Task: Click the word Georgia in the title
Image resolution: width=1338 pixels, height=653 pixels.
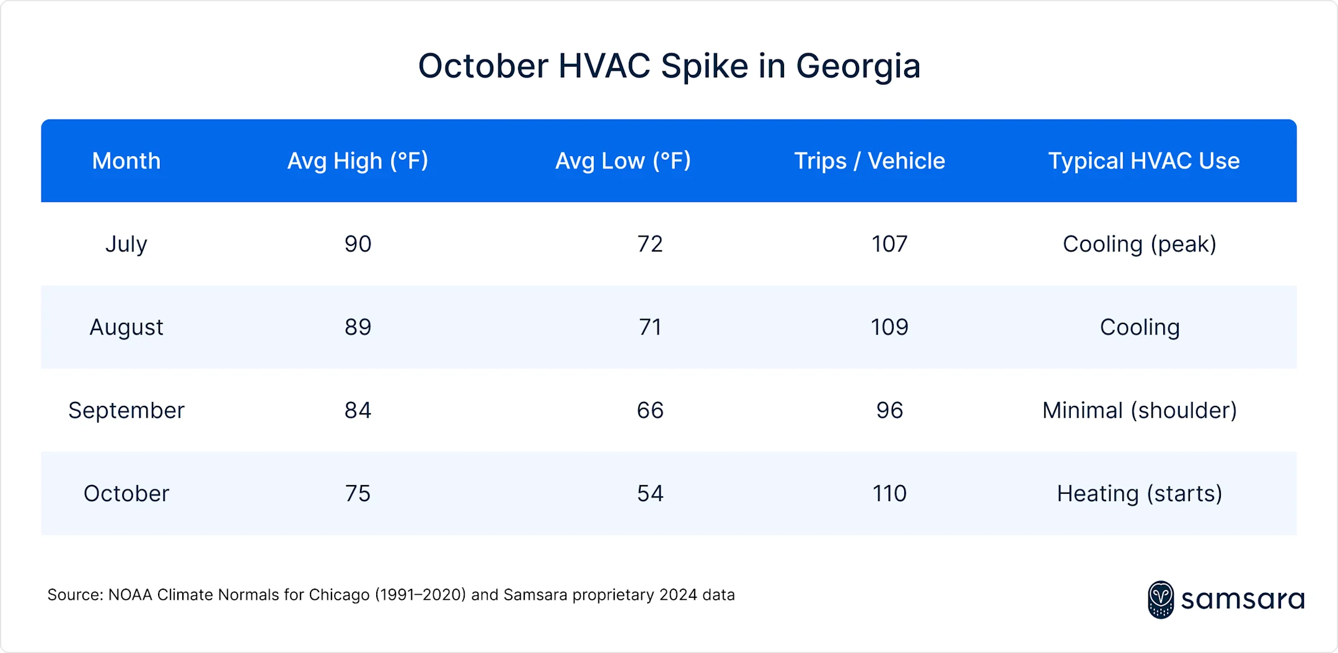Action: coord(858,66)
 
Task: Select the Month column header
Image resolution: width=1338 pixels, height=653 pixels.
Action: coord(126,161)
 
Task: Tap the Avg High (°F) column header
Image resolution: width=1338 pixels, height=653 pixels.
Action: coord(358,161)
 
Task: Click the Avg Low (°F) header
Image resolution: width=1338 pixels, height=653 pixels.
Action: coord(622,161)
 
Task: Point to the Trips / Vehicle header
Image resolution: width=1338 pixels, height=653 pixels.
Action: coord(869,161)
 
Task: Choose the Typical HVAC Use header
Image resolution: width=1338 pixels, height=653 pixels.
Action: coord(1143,161)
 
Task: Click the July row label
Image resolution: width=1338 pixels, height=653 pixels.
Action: coord(126,244)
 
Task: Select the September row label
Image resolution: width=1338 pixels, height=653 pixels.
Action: coord(126,410)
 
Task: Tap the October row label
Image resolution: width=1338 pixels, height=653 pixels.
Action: coord(126,494)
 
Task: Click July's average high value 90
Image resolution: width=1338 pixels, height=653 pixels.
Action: coord(358,244)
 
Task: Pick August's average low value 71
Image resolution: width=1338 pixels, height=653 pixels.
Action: coord(649,327)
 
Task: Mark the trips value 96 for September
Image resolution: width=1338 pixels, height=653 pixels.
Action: coord(889,410)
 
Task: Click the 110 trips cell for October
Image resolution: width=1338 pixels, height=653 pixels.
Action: coord(889,494)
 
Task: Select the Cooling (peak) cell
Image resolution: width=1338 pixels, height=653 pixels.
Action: coord(1139,244)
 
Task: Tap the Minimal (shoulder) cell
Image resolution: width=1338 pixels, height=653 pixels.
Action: coord(1139,410)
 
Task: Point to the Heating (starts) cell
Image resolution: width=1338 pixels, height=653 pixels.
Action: coord(1139,494)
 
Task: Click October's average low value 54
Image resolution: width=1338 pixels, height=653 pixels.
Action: coord(649,494)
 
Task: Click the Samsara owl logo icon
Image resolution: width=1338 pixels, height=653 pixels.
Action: coord(1160,599)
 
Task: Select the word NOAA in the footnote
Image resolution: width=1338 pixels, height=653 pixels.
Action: coord(130,595)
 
